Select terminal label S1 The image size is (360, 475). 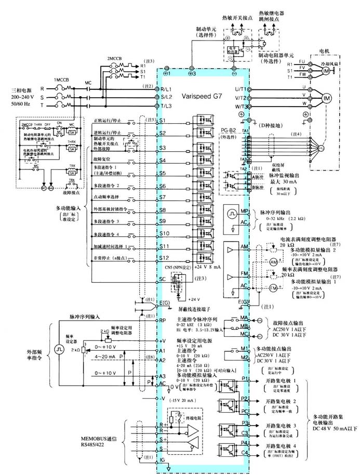[x=162, y=121]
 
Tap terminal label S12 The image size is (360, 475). [x=164, y=258]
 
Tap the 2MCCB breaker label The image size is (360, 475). [x=115, y=58]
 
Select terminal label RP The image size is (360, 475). [x=163, y=321]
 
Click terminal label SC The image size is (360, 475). [x=162, y=279]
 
